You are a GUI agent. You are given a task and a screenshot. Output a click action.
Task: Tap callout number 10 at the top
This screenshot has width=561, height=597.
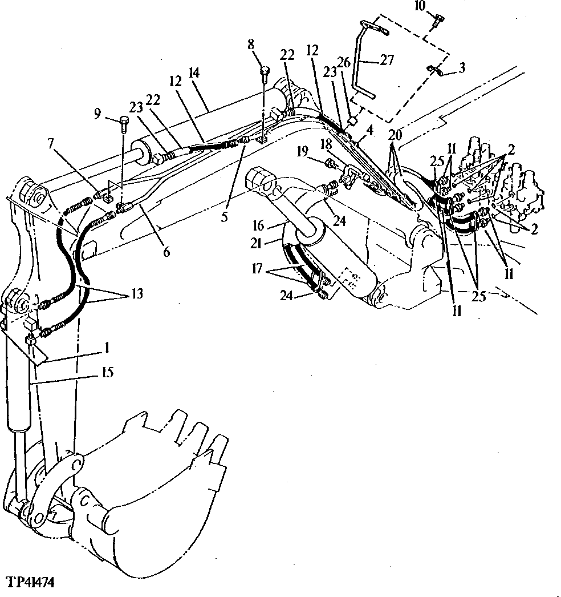(436, 6)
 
